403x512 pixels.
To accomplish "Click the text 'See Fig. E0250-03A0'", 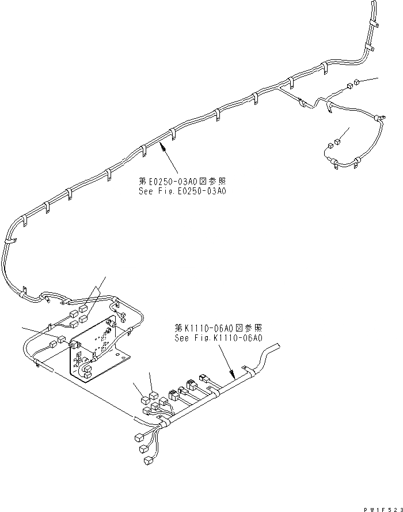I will [181, 191].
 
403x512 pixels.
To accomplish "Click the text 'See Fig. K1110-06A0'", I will [218, 338].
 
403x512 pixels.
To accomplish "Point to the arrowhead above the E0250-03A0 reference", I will [164, 147].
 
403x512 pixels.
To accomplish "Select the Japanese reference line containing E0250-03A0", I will [181, 180].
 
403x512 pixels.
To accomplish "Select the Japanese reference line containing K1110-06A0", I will [218, 327].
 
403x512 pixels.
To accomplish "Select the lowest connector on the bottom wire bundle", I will [148, 460].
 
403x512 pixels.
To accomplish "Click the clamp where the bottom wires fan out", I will [165, 424].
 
